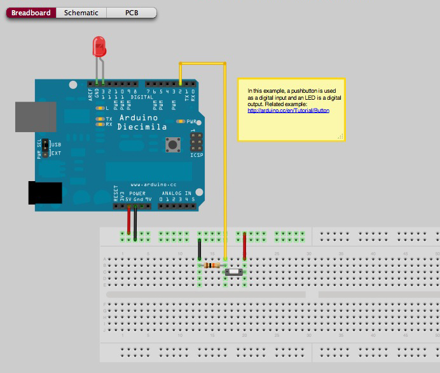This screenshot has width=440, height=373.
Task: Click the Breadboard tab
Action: click(31, 13)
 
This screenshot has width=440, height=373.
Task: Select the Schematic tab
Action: click(81, 13)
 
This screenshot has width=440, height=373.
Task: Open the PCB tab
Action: click(132, 13)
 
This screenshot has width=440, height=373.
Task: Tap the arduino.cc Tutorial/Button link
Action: click(288, 111)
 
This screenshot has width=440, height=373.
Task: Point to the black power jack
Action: click(45, 193)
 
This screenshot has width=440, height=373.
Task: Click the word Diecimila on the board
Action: click(142, 126)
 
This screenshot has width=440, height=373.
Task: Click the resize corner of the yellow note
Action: click(341, 137)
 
